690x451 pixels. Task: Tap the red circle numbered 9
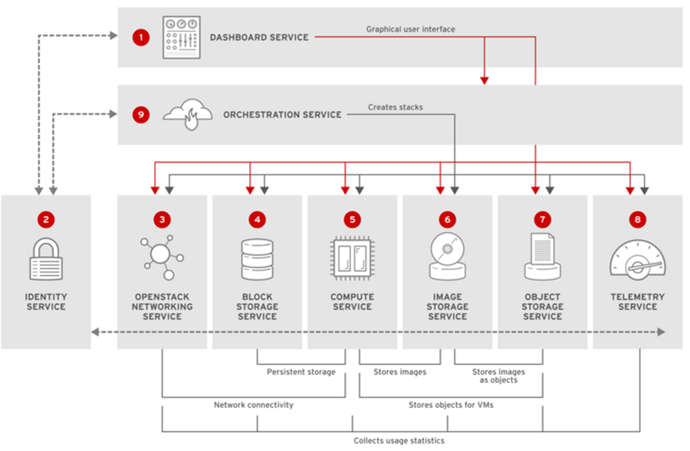(140, 115)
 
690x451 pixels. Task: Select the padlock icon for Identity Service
(46, 258)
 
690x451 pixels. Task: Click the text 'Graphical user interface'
(410, 30)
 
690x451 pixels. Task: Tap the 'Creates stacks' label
(395, 107)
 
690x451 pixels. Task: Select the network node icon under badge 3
(162, 257)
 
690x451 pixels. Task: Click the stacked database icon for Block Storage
(257, 258)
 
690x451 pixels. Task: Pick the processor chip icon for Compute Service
(352, 258)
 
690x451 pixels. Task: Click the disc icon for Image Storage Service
(447, 257)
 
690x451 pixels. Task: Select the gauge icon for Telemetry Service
(637, 258)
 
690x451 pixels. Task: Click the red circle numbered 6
(447, 218)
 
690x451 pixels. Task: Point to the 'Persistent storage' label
(301, 372)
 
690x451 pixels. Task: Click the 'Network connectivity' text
(253, 404)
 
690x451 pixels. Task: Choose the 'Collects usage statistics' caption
(399, 441)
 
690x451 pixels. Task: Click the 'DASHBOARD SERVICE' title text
(259, 37)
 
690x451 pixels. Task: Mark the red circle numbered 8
(637, 218)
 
